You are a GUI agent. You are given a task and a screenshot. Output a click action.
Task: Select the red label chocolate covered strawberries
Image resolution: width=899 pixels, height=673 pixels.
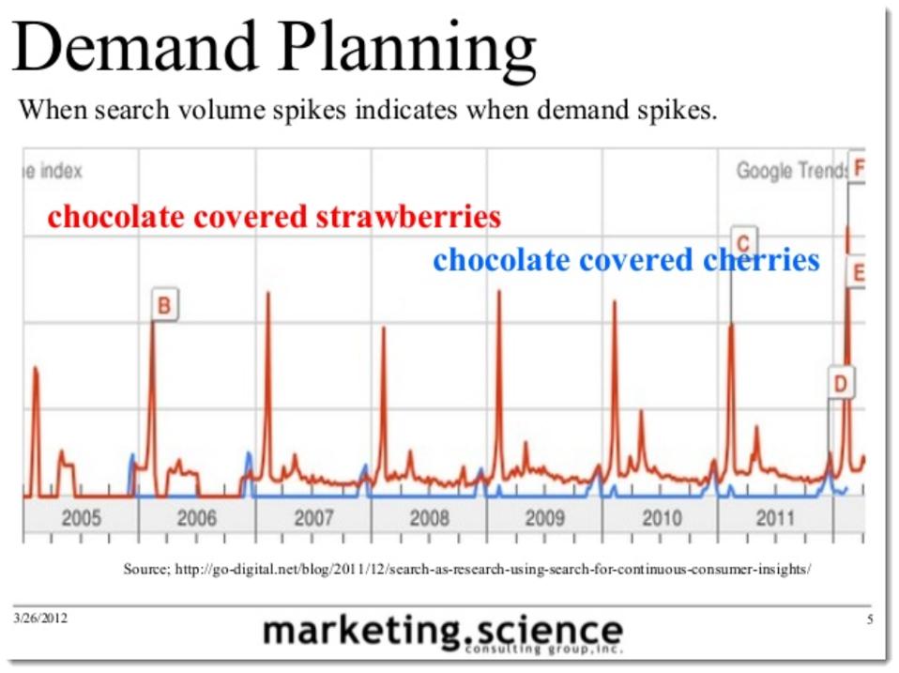coord(274,218)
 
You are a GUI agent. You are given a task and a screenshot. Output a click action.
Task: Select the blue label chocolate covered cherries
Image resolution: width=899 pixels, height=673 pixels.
coord(626,260)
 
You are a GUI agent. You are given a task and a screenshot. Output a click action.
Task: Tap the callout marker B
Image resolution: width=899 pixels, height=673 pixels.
coord(164,305)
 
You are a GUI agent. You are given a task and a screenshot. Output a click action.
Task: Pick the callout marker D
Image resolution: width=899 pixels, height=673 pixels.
coord(841,383)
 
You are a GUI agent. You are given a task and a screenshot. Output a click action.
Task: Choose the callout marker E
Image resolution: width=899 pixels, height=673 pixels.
coord(857,273)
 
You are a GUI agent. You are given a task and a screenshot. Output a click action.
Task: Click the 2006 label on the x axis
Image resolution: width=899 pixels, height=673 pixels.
coord(196,517)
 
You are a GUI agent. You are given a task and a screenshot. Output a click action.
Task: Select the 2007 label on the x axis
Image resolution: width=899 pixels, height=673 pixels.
coord(313,517)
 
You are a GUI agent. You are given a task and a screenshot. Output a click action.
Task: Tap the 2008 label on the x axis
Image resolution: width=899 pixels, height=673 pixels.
coord(430,517)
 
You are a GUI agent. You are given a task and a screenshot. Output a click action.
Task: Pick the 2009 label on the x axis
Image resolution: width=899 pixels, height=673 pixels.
coord(545,517)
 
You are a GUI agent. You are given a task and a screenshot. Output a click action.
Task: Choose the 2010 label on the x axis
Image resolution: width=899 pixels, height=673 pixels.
coord(662,517)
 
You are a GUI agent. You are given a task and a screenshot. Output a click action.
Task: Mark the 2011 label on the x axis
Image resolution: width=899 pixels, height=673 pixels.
coord(776,517)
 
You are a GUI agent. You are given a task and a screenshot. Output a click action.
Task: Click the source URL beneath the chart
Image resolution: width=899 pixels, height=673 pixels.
coord(466,569)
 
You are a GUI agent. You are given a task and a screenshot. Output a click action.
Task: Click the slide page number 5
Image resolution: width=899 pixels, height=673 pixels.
coord(869,619)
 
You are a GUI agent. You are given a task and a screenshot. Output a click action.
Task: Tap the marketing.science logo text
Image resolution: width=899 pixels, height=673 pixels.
coord(442,631)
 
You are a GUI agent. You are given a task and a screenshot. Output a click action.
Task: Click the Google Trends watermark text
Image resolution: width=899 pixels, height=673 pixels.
coord(789,171)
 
